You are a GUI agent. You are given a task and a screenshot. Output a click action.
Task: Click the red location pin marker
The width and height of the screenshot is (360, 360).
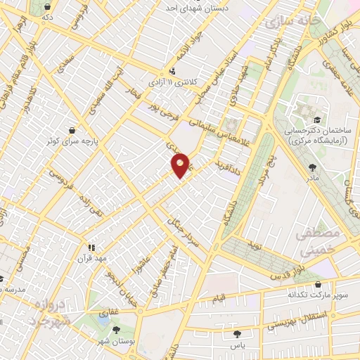coord(181,165)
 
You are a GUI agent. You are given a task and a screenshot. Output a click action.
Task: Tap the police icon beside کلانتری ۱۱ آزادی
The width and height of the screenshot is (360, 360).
coord(172,70)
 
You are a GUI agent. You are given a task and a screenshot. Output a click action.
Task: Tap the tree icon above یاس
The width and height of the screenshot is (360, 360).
coord(236,333)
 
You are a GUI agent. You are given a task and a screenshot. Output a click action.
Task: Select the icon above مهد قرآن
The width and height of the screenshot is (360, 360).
coord(91,247)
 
